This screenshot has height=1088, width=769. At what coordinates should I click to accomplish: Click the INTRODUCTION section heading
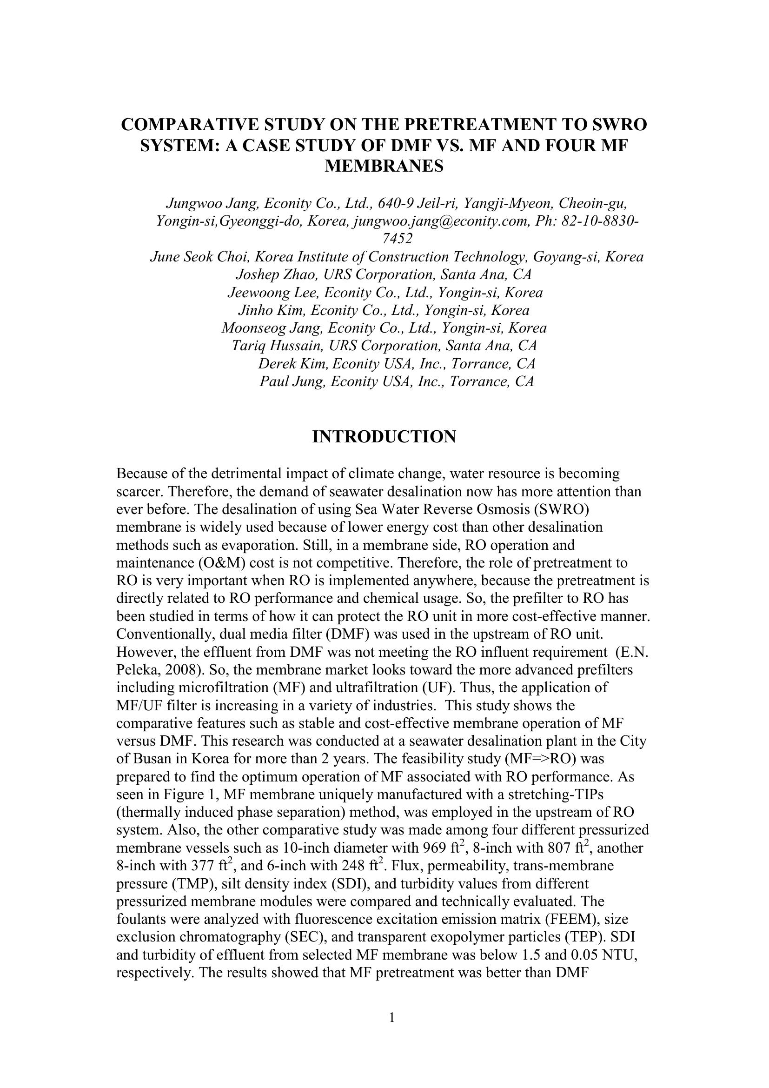[x=384, y=436]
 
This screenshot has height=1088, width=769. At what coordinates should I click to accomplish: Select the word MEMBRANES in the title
[x=384, y=166]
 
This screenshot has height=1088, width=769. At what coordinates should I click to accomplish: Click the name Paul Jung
[x=292, y=381]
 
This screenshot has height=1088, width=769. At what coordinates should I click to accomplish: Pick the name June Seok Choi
[x=200, y=257]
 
